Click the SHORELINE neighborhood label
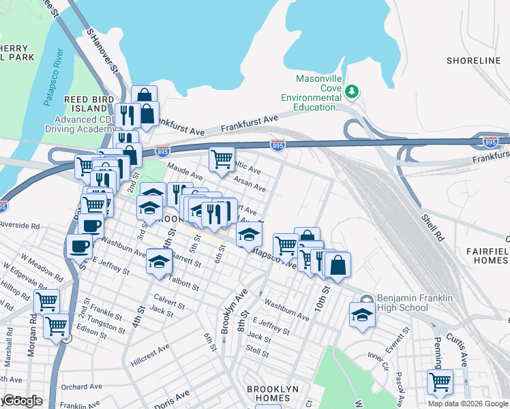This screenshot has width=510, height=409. tap(473, 61)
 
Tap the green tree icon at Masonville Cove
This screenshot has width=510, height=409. tap(352, 91)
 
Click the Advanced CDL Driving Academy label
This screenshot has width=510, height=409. tap(85, 123)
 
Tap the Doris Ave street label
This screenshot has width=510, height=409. tap(172, 398)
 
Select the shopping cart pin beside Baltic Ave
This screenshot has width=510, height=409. tap(222, 160)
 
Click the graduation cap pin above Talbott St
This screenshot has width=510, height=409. tap(159, 262)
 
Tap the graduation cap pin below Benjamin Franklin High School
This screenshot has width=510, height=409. tap(362, 314)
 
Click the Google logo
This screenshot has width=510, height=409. tap(22, 401)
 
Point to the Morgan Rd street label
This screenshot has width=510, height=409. tap(31, 348)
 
